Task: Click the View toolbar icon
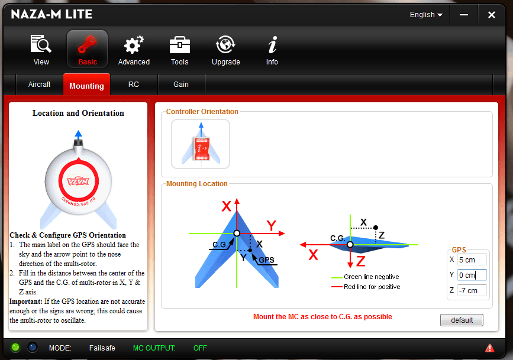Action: point(41,44)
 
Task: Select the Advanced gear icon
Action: point(134,44)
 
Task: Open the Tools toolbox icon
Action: point(180,45)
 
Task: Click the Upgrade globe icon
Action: point(225,44)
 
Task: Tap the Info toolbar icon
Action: point(272,44)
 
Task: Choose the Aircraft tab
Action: point(39,85)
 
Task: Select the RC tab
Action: point(134,85)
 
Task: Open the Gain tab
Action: point(181,85)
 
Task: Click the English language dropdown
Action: point(426,15)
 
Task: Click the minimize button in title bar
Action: point(464,15)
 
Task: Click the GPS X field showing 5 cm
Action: point(472,260)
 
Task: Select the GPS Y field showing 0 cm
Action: point(472,275)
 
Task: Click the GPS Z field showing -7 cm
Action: point(472,290)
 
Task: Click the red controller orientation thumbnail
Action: point(201,144)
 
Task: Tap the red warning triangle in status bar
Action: point(490,348)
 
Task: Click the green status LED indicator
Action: point(15,347)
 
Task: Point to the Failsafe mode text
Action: point(102,348)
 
